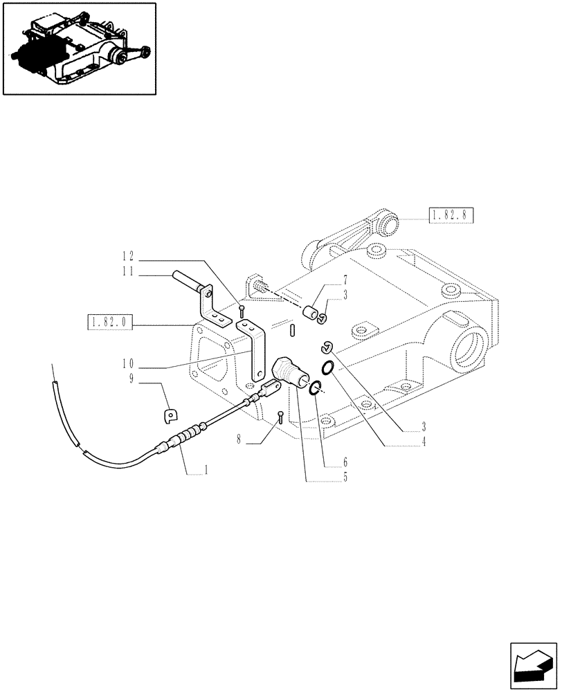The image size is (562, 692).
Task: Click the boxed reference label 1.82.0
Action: pyautogui.click(x=110, y=321)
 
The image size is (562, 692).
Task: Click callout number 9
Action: pyautogui.click(x=129, y=379)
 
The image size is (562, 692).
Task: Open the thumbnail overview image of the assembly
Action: pyautogui.click(x=79, y=48)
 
